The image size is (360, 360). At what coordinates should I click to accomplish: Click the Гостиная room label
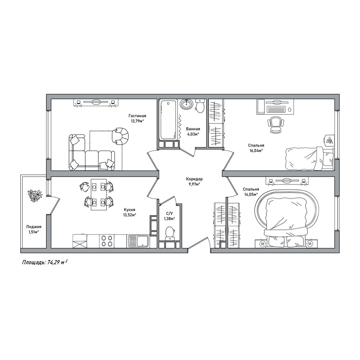click(x=137, y=116)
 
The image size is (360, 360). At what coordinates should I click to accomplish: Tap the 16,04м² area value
click(x=256, y=151)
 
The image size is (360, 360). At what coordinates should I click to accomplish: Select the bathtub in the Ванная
click(x=168, y=119)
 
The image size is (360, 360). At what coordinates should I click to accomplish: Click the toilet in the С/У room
click(x=170, y=233)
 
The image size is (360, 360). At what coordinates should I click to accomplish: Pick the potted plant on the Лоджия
click(x=35, y=195)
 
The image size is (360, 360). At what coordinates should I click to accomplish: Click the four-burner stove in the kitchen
click(x=107, y=241)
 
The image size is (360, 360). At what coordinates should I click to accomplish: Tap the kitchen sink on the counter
click(x=138, y=241)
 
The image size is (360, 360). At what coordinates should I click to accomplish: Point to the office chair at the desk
click(x=275, y=125)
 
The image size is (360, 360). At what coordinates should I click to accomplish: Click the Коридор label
click(x=194, y=179)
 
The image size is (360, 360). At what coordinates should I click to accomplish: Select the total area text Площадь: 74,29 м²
click(x=45, y=263)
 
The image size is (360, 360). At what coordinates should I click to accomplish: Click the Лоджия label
click(x=33, y=227)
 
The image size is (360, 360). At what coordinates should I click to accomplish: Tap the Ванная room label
click(x=193, y=129)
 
